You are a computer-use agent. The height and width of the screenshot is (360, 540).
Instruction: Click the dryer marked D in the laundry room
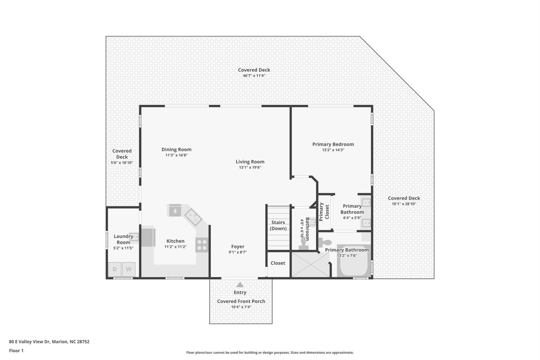[115, 269]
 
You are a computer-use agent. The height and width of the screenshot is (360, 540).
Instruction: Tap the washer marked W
[129, 269]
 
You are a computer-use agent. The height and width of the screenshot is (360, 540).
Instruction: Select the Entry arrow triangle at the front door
[240, 284]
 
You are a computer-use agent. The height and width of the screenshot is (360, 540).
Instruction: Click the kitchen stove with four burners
[202, 245]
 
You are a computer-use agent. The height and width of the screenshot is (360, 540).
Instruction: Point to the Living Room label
[250, 162]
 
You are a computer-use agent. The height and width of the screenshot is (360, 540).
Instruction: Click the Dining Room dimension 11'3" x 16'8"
[176, 155]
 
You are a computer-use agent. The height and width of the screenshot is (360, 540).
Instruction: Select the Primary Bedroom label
[333, 144]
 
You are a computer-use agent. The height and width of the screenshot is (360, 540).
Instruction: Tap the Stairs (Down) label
[278, 225]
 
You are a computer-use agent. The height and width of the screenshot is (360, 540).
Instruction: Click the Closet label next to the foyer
[278, 263]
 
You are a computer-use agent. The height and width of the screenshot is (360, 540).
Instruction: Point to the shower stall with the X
[310, 265]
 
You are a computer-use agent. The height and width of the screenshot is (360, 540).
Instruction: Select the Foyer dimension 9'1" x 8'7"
[238, 252]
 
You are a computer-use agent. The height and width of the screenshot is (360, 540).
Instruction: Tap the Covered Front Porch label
[241, 301]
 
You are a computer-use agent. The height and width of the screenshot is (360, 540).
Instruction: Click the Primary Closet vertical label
[324, 212]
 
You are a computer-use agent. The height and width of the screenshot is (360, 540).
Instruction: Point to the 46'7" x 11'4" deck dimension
[254, 76]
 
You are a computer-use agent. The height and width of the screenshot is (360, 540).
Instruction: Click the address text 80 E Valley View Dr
[49, 342]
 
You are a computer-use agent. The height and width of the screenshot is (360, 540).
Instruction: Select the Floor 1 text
[16, 351]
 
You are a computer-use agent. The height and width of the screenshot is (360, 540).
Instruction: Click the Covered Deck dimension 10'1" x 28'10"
[404, 204]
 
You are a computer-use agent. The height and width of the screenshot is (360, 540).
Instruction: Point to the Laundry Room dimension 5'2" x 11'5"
[123, 248]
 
